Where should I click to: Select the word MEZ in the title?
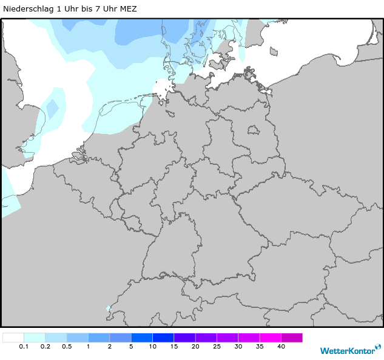click(x=129, y=9)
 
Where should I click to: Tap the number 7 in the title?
click(x=99, y=9)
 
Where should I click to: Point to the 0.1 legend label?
click(x=24, y=347)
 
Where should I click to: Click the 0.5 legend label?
click(x=67, y=347)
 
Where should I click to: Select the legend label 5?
click(x=131, y=347)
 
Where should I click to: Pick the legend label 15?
click(x=173, y=347)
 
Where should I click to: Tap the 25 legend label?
click(x=217, y=347)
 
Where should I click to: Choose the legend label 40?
click(x=281, y=347)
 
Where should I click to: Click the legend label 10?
click(x=152, y=347)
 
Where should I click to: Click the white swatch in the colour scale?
click(x=13, y=338)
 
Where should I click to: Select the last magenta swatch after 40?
click(x=292, y=338)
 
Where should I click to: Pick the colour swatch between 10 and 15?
click(x=163, y=338)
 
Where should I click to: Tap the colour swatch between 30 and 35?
click(x=249, y=338)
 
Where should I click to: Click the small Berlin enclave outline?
click(x=252, y=130)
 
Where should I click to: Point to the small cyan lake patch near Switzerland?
click(x=109, y=308)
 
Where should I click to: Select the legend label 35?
click(x=260, y=347)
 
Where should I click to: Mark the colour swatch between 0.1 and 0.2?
click(x=35, y=338)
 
